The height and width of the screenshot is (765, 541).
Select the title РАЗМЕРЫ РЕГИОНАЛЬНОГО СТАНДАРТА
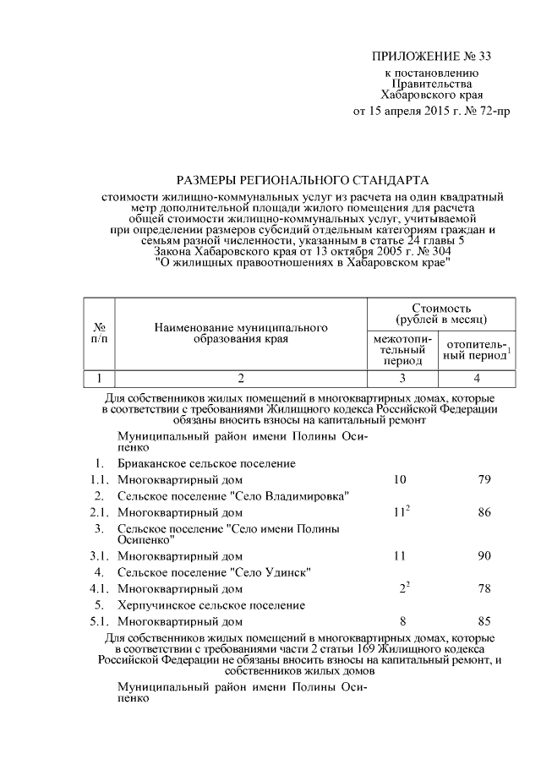(302, 180)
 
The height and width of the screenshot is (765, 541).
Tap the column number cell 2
(240, 378)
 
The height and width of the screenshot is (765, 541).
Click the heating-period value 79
(484, 480)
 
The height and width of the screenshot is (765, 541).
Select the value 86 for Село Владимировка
(484, 512)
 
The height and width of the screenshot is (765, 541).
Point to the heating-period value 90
(484, 555)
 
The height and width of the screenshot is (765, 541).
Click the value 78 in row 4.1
(484, 588)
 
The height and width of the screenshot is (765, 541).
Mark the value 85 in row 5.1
(484, 621)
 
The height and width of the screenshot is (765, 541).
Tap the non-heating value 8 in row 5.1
(402, 621)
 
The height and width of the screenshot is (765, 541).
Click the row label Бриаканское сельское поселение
(206, 463)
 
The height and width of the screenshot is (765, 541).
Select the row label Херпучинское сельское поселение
(211, 605)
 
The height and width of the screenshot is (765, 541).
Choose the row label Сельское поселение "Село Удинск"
(212, 572)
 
